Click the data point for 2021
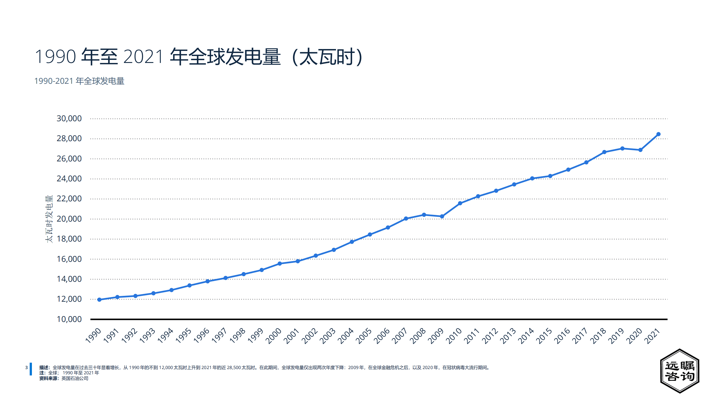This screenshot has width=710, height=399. pyautogui.click(x=658, y=134)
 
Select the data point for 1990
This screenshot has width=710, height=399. pyautogui.click(x=99, y=299)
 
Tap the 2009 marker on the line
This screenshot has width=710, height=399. pyautogui.click(x=442, y=216)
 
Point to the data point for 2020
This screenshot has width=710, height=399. pyautogui.click(x=640, y=150)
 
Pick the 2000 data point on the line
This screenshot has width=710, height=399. pyautogui.click(x=280, y=263)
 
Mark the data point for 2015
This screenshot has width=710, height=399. pyautogui.click(x=550, y=176)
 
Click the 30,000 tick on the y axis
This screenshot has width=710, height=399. pyautogui.click(x=69, y=118)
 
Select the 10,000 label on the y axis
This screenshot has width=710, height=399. pyautogui.click(x=69, y=319)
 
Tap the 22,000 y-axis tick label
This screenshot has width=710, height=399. pyautogui.click(x=69, y=199)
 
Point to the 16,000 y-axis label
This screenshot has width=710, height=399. pyautogui.click(x=69, y=259)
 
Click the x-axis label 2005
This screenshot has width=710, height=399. pyautogui.click(x=364, y=336)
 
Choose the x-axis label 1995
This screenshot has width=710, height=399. pyautogui.click(x=183, y=336)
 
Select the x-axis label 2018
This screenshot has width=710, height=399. pyautogui.click(x=598, y=336)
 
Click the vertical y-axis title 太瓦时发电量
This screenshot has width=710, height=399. pyautogui.click(x=49, y=219)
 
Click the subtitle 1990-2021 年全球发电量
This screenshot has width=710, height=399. pyautogui.click(x=79, y=81)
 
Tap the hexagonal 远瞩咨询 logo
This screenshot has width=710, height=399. pyautogui.click(x=679, y=371)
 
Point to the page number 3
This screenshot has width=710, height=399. pyautogui.click(x=27, y=368)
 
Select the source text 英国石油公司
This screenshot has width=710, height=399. pyautogui.click(x=75, y=378)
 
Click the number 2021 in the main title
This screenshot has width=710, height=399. pyautogui.click(x=143, y=57)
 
